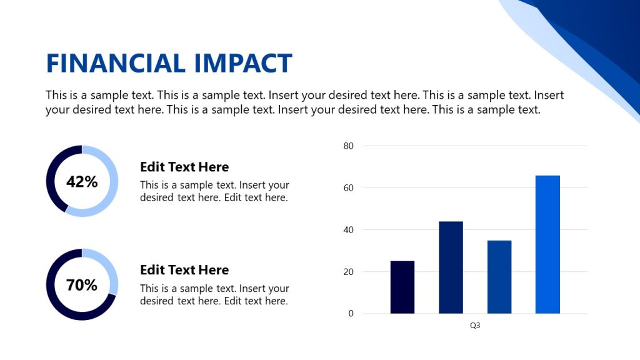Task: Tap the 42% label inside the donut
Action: coord(82,182)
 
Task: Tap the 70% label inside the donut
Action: coord(82,285)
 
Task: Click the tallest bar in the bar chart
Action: coord(547,244)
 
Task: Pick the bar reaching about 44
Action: coord(451,267)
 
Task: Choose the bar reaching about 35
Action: coord(499,277)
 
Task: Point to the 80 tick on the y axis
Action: coord(349,146)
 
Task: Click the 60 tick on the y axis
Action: coord(349,188)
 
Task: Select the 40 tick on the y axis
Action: coord(349,230)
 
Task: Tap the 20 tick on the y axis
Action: coord(349,272)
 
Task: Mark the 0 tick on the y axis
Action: coord(351,314)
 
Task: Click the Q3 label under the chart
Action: coord(475,326)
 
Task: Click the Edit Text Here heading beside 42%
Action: coord(184,167)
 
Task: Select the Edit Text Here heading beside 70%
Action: coord(184,270)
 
